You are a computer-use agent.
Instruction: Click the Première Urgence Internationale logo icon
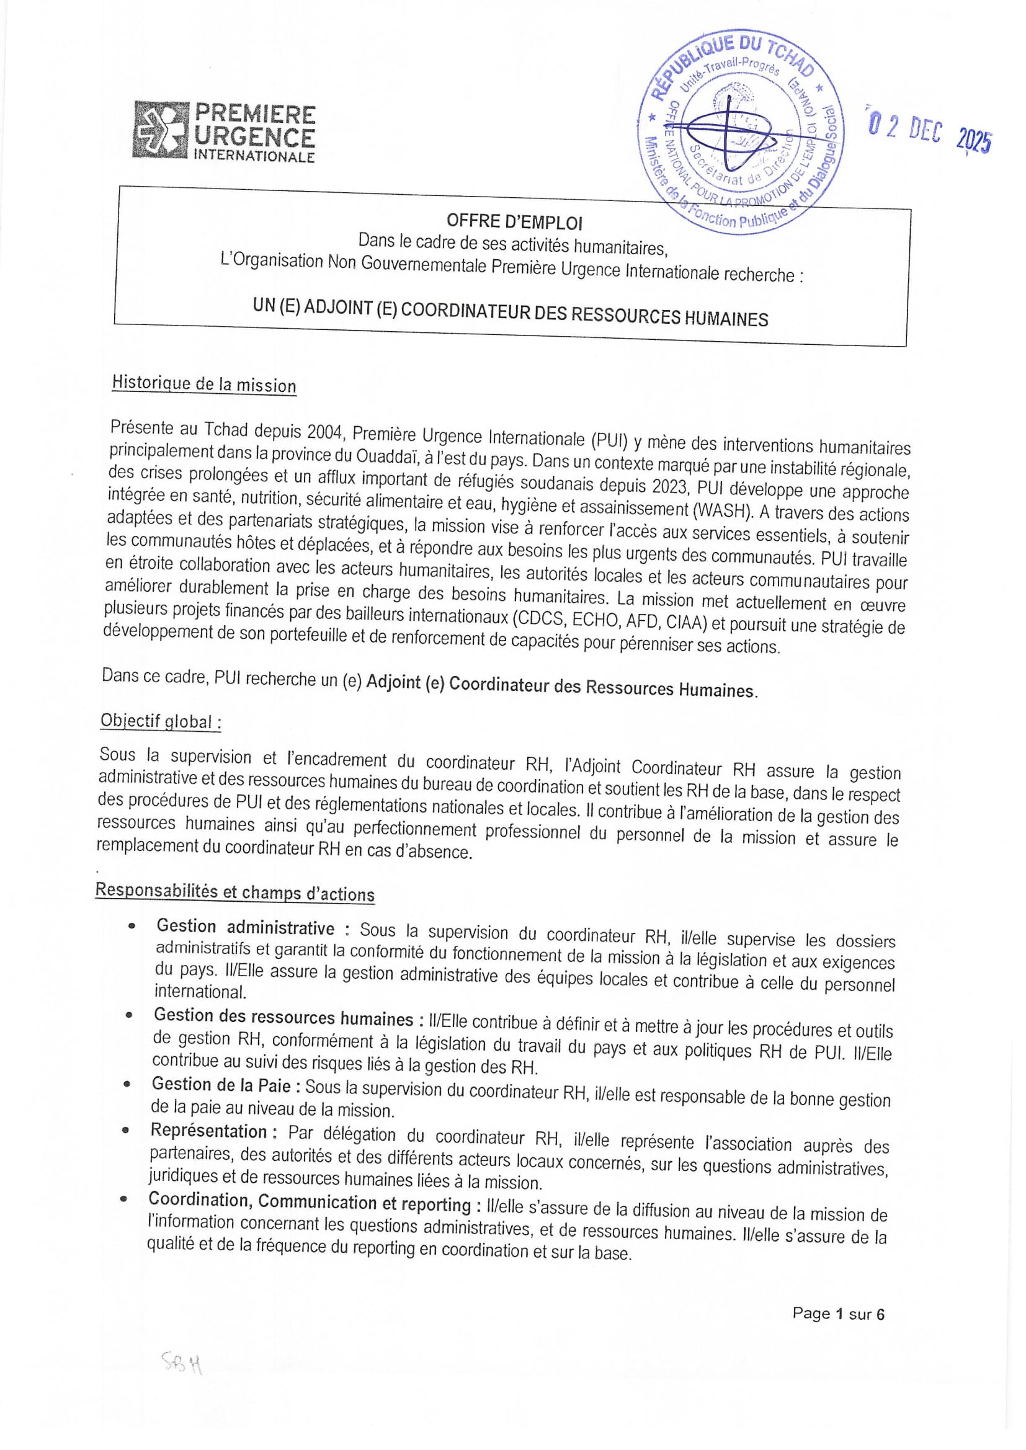pyautogui.click(x=161, y=130)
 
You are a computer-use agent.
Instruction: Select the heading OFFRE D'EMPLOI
pyautogui.click(x=514, y=221)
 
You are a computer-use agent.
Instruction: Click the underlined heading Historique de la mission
pyautogui.click(x=203, y=384)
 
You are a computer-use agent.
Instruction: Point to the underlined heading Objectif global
pyautogui.click(x=161, y=722)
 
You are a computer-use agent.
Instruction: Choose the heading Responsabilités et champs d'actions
pyautogui.click(x=234, y=892)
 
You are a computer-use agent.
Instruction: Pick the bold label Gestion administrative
pyautogui.click(x=245, y=927)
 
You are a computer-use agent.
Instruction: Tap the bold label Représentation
pyautogui.click(x=208, y=1131)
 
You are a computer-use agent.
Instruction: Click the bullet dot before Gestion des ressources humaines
pyautogui.click(x=128, y=1015)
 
